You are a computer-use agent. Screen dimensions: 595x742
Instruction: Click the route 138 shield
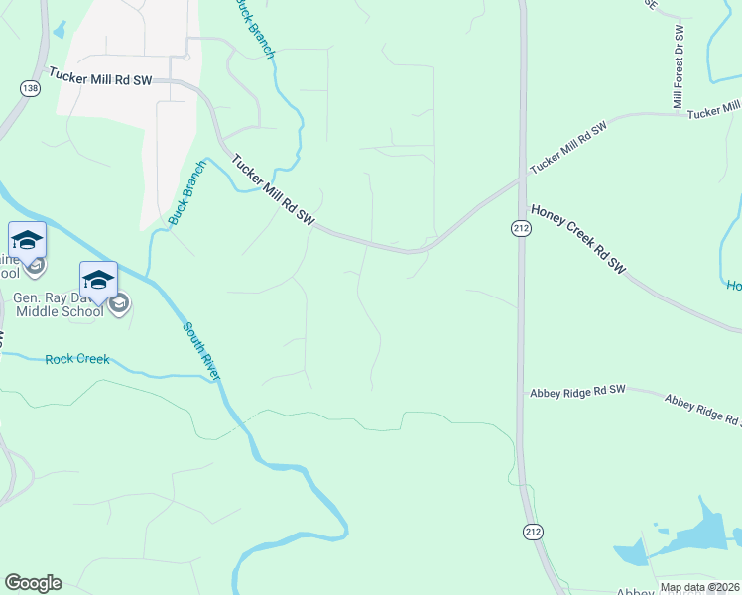point(29,89)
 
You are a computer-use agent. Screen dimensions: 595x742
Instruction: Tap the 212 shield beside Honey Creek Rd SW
point(519,228)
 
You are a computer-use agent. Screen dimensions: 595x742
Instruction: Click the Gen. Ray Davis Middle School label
point(58,304)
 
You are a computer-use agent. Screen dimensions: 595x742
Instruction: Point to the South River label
point(200,351)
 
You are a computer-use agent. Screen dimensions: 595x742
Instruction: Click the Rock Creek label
point(77,359)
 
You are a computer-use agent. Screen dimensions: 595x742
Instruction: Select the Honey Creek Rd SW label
point(579,239)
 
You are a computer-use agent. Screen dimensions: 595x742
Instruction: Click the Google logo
point(33,583)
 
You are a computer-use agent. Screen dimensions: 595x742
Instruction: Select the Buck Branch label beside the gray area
point(185,193)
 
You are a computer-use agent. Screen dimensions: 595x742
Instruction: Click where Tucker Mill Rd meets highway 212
point(519,180)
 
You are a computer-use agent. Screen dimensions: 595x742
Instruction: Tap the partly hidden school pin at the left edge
point(27,241)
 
